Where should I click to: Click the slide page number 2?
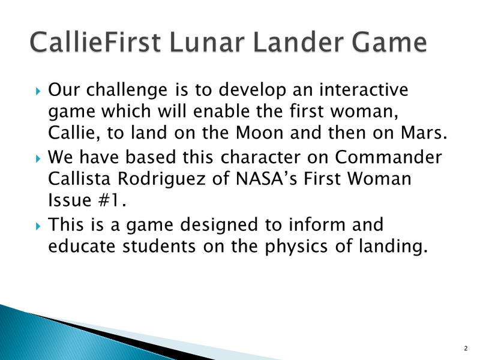(466, 348)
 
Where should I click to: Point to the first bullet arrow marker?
(38, 92)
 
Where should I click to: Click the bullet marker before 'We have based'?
(38, 159)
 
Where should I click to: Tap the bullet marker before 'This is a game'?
(38, 226)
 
